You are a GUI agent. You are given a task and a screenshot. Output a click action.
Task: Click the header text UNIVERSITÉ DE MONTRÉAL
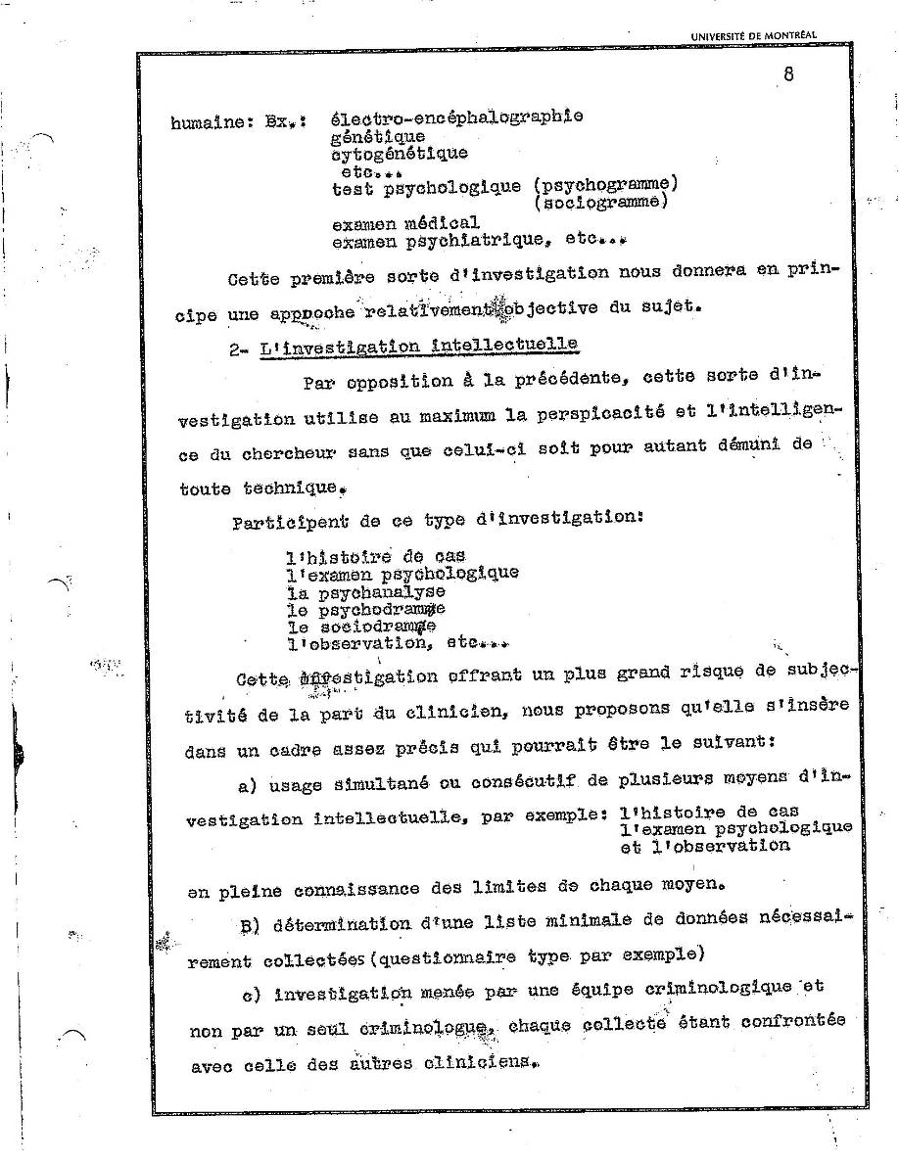(752, 36)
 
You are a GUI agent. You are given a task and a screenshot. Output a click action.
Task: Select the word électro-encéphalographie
(457, 117)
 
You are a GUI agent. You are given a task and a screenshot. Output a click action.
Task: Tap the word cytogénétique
(400, 153)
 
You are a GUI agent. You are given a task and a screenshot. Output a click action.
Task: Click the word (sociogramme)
(601, 202)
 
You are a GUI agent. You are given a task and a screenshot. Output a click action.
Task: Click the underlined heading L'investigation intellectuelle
(418, 346)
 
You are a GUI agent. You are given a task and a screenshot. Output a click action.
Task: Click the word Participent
(285, 522)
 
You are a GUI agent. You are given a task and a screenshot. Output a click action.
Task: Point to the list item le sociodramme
(361, 627)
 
